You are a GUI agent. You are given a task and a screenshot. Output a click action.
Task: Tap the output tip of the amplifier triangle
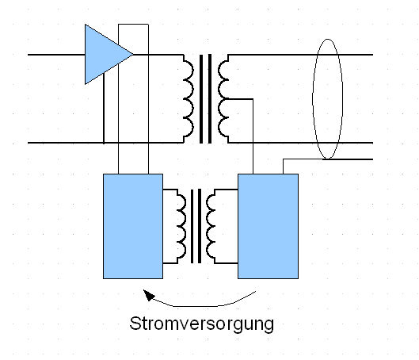pos(133,54)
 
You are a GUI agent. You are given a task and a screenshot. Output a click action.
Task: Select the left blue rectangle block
pos(133,226)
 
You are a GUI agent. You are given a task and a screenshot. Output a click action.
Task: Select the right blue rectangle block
pos(268,226)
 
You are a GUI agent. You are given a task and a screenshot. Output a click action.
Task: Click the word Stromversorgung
pos(202,324)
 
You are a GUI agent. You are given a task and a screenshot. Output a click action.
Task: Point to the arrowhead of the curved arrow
pos(149,295)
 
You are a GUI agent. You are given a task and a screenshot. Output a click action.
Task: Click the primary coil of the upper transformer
pos(189,98)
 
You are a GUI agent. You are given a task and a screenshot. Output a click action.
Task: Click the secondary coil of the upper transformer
pos(223,98)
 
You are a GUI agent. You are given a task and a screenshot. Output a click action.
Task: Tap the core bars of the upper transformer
pos(205,98)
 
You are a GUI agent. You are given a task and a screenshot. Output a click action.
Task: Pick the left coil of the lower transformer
pos(181,226)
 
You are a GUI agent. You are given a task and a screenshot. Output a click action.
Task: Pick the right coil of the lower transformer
pos(211,226)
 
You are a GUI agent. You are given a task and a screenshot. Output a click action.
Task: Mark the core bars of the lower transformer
pos(196,226)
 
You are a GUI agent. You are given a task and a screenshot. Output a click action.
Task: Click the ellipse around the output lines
pos(313,98)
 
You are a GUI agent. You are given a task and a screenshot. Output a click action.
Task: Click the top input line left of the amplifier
pos(56,55)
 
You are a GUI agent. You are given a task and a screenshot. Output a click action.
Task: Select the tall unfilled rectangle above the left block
pos(118,99)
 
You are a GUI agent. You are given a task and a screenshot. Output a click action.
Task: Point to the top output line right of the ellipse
pos(357,55)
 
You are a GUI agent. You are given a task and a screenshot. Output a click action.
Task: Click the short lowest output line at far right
pos(348,159)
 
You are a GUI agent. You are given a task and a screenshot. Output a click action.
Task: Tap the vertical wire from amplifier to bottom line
pos(104,108)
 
